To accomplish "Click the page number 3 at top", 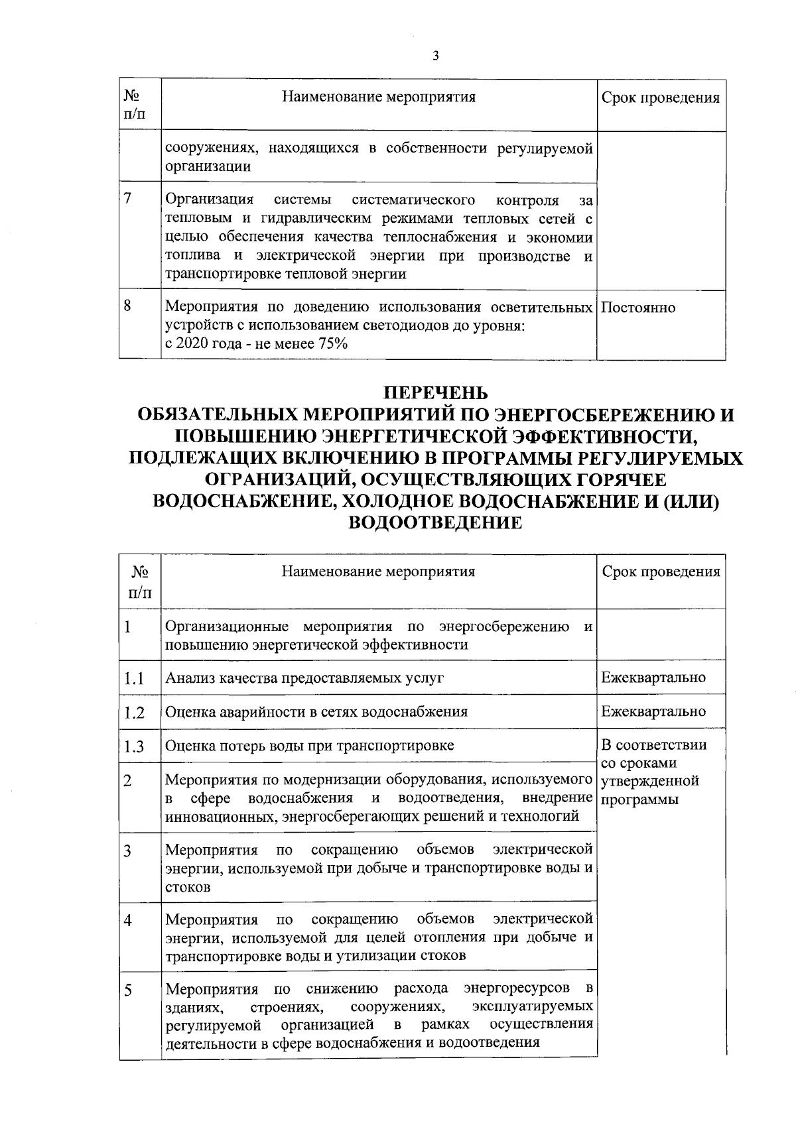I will pos(435,56).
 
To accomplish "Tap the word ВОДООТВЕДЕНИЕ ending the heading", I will pos(435,523).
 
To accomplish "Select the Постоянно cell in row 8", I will pos(638,308).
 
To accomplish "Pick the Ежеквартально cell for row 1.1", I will pos(653,678).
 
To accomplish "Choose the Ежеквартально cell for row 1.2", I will pos(653,711).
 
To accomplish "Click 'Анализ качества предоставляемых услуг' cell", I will pos(304,678).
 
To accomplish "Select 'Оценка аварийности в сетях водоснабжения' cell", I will pos(316,712).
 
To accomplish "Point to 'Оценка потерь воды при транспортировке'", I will pos(309,745).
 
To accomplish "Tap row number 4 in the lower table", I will pos(127,921).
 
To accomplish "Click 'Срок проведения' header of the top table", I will pos(660,98).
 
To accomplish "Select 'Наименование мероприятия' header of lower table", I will pos(378,571).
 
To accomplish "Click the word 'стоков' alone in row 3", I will pos(188,887).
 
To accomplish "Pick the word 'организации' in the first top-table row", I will pos(208,166).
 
